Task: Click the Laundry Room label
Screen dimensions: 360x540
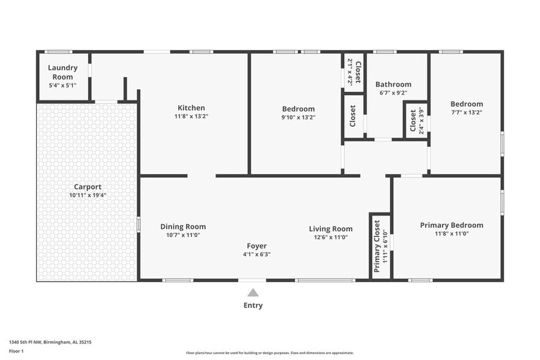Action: coord(62,72)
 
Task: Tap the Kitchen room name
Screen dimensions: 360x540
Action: coord(191,108)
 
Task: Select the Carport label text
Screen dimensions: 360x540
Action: coord(88,187)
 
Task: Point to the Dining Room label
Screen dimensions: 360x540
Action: coord(183,227)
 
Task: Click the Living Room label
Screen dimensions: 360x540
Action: coord(331,229)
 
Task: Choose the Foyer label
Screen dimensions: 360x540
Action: coord(257,246)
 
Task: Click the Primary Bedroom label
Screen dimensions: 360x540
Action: coord(451,225)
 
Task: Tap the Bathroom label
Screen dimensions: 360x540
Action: coord(393,84)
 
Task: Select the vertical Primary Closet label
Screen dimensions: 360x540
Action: coord(377,246)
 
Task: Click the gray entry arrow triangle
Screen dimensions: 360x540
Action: coord(253,293)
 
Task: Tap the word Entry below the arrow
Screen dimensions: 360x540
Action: coord(253,306)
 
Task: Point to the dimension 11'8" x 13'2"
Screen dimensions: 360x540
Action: coord(191,116)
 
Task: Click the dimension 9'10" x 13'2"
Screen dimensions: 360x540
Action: coord(298,118)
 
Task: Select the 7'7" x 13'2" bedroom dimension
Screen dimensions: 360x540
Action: coord(467,112)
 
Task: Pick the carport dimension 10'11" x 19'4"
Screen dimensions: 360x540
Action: coord(88,195)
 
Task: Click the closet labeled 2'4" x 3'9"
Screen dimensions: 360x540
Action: coord(416,121)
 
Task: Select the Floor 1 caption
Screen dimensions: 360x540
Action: coord(16,351)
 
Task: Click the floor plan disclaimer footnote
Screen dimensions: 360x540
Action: coord(269,353)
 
